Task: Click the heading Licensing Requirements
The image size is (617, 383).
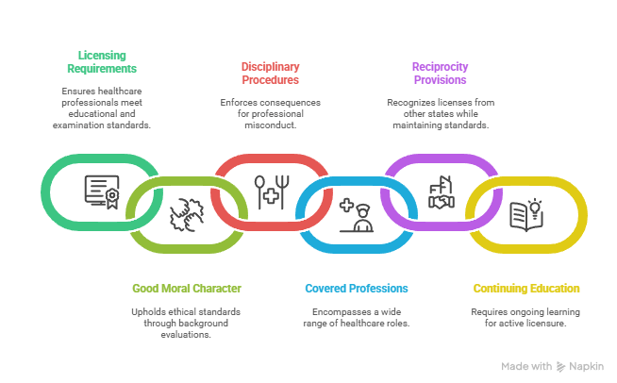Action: (102, 61)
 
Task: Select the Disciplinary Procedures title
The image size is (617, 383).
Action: (271, 73)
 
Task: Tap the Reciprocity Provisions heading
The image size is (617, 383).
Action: (439, 73)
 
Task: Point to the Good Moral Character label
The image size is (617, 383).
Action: (186, 288)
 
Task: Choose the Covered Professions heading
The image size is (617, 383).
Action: (357, 288)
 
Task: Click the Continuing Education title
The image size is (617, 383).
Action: (526, 288)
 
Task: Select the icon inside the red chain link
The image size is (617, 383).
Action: (270, 191)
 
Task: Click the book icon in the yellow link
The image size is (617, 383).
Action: (526, 215)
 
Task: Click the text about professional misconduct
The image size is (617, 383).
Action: (271, 112)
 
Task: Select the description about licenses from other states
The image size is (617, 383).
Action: (439, 112)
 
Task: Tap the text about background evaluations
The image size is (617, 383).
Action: (186, 323)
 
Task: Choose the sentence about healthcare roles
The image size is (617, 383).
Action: (357, 317)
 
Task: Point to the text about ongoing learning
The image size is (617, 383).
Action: (526, 317)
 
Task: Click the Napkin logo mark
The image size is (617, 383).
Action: (561, 366)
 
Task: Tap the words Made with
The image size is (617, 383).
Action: (526, 366)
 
